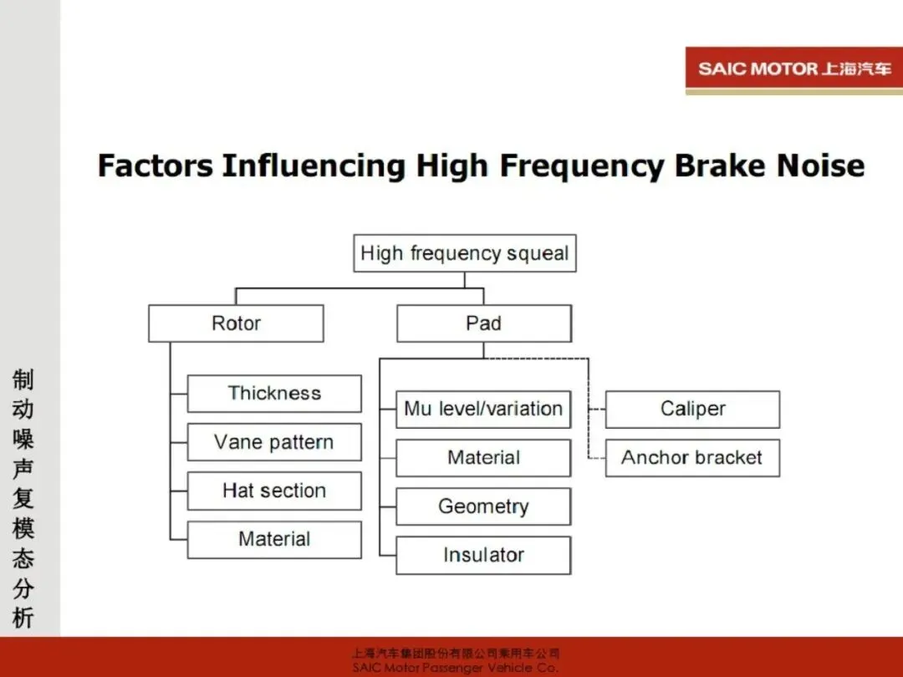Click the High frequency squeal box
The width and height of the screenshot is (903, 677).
465,253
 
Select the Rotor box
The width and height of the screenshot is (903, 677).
236,323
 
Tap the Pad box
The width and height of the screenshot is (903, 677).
483,323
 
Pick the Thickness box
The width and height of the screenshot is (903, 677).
274,393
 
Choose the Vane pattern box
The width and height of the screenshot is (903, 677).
274,442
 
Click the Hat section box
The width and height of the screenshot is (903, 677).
274,491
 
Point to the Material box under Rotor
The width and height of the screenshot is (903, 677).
274,540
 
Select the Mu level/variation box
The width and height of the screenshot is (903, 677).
483,409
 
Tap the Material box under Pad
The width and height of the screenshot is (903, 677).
483,458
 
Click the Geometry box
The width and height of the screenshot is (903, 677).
483,506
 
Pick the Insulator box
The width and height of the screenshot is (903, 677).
483,555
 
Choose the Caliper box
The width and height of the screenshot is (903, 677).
692,409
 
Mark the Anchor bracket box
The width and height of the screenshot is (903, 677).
692,458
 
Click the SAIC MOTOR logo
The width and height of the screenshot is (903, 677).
793,69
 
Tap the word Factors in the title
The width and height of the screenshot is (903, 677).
155,165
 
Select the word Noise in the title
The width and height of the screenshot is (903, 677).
820,165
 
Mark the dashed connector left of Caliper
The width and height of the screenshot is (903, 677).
596,410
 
